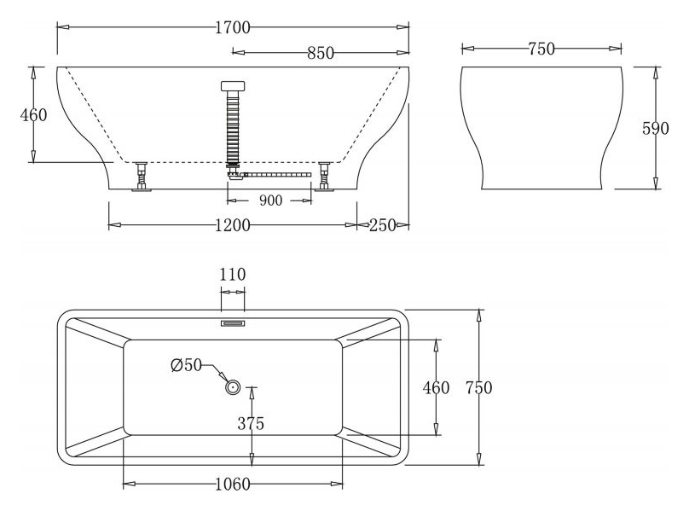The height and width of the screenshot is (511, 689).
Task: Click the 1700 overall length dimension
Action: click(233, 27)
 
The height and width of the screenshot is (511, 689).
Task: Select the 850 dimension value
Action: click(321, 53)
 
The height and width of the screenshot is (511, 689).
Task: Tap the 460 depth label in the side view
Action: click(33, 115)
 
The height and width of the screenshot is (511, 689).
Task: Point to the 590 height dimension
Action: click(656, 128)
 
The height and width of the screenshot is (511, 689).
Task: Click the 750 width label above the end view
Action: click(541, 49)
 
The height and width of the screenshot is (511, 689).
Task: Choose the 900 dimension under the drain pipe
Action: click(270, 200)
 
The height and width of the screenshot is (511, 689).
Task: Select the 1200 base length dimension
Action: click(233, 225)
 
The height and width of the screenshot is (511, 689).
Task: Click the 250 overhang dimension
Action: click(382, 225)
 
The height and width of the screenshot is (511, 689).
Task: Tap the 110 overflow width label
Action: click(233, 275)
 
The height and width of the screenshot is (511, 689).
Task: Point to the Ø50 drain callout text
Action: click(186, 364)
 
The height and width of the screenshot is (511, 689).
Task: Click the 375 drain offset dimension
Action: click(251, 423)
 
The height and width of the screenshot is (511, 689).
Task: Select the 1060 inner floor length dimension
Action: click(233, 485)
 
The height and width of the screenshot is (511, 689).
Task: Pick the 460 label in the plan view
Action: click(436, 388)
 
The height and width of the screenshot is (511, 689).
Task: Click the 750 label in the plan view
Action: click(479, 388)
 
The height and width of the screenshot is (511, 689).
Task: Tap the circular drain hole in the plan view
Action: click(233, 387)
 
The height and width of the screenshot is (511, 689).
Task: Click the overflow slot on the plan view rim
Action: click(233, 323)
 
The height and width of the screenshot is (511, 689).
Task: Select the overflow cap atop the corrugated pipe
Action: click(233, 86)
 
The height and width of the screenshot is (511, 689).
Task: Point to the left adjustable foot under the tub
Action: click(141, 177)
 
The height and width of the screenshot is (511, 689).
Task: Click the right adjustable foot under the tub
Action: click(325, 177)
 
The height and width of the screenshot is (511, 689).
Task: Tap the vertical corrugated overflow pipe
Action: click(233, 126)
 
